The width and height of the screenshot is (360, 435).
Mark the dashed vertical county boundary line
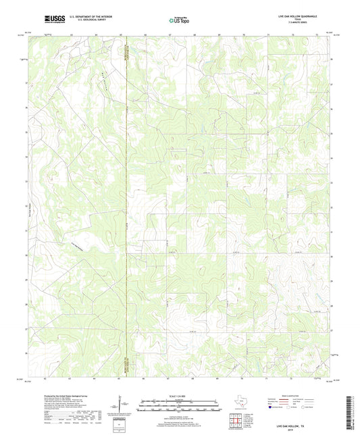click(x=128, y=203)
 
